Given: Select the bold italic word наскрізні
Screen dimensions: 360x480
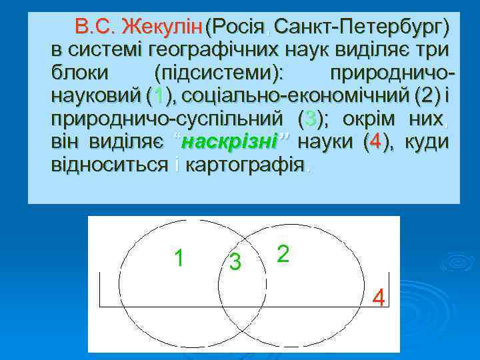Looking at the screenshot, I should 229,142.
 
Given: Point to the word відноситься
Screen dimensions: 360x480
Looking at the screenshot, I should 109,165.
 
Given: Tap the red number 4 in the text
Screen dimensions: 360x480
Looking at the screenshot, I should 377,142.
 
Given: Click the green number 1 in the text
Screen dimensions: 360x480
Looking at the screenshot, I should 157,97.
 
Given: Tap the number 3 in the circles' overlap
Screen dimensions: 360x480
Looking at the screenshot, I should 235,263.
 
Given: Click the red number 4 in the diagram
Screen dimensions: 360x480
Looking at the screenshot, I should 379,297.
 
